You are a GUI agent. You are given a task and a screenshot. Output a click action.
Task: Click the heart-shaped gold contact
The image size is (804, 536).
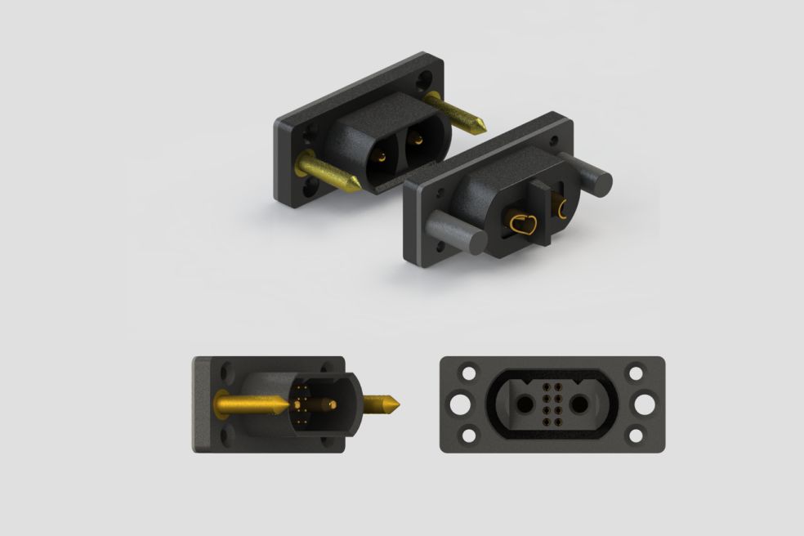click(x=524, y=225)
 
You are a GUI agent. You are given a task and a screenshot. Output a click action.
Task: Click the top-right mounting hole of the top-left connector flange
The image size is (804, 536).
click(x=424, y=80)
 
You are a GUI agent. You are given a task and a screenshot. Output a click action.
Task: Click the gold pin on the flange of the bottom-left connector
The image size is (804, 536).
click(x=245, y=403)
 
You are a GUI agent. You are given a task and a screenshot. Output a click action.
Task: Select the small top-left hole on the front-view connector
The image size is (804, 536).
click(x=469, y=373)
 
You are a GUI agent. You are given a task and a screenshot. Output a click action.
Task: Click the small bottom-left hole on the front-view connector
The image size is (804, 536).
click(x=469, y=435)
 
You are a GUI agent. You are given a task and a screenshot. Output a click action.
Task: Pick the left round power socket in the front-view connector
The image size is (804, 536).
click(x=520, y=404)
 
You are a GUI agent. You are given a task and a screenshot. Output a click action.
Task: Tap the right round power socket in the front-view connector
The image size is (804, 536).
click(x=582, y=404)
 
